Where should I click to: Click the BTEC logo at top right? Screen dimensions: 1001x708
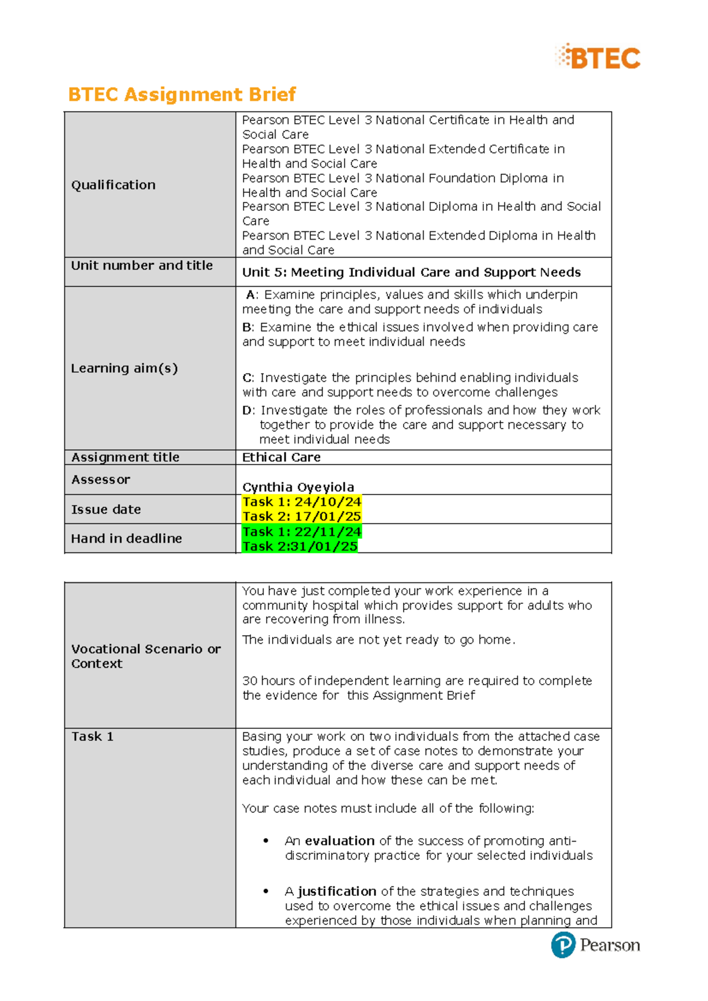(598, 58)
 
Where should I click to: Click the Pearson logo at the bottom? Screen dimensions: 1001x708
(596, 945)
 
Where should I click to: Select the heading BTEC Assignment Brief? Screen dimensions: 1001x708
(182, 94)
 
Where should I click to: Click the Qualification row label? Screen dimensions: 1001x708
(113, 185)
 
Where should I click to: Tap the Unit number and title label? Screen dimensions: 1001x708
(142, 266)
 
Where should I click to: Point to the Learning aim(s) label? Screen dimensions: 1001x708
(124, 368)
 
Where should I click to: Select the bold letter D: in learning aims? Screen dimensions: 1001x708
(248, 410)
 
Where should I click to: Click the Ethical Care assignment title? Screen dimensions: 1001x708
(281, 457)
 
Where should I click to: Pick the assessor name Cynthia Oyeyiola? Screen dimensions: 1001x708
(298, 487)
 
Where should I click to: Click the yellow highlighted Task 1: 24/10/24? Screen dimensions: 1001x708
(301, 502)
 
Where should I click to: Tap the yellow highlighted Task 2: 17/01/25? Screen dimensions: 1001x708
(301, 516)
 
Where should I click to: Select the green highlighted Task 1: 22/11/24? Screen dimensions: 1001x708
(301, 532)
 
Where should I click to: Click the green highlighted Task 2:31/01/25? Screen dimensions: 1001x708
(300, 547)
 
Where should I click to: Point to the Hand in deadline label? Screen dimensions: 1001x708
(126, 538)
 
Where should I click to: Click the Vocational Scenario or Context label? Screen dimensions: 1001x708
(145, 656)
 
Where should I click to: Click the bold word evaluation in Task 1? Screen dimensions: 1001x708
(340, 841)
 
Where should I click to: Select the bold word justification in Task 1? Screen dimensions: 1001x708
(337, 891)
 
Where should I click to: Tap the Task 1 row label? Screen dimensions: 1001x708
(92, 737)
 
